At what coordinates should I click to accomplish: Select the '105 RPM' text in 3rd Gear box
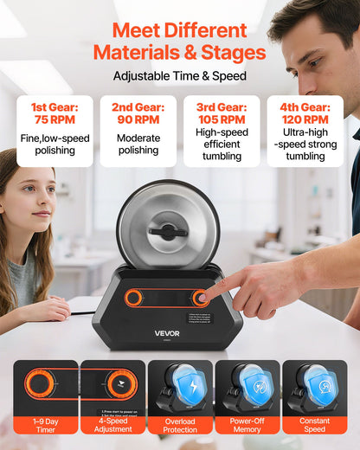pyautogui.click(x=222, y=119)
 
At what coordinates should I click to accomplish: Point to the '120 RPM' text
pyautogui.click(x=305, y=119)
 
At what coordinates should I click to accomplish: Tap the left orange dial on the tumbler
pyautogui.click(x=133, y=298)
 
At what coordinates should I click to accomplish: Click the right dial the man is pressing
pyautogui.click(x=204, y=297)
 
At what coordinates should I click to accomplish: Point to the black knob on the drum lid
pyautogui.click(x=168, y=231)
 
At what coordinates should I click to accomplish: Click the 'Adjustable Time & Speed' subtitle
pyautogui.click(x=179, y=75)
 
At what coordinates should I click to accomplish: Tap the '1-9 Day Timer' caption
pyautogui.click(x=46, y=427)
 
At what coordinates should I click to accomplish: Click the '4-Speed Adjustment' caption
pyautogui.click(x=112, y=427)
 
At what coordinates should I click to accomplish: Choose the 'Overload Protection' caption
pyautogui.click(x=179, y=427)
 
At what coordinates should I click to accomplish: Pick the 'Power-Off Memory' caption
pyautogui.click(x=247, y=427)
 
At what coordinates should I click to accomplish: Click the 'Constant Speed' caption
pyautogui.click(x=314, y=427)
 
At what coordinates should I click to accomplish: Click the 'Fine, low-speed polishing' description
pyautogui.click(x=55, y=145)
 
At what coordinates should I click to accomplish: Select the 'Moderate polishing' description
pyautogui.click(x=138, y=145)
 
